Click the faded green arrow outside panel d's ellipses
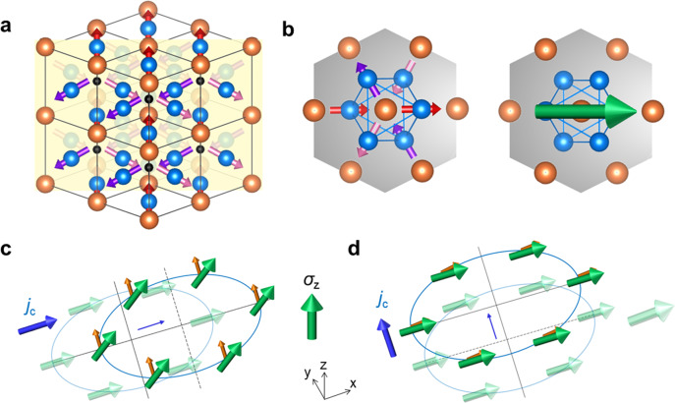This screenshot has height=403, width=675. [648, 317]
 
